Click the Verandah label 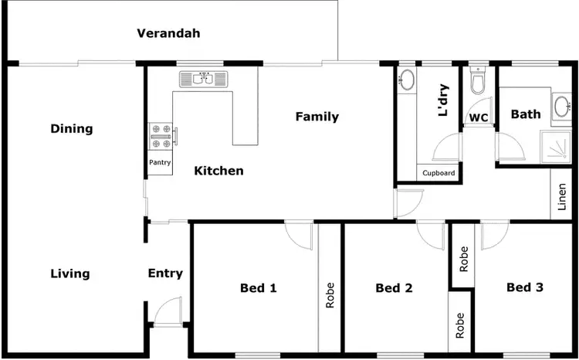pyautogui.click(x=168, y=33)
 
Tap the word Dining pyautogui.click(x=71, y=128)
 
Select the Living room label pyautogui.click(x=70, y=273)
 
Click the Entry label pyautogui.click(x=165, y=273)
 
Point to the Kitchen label pyautogui.click(x=218, y=171)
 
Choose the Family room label pyautogui.click(x=317, y=117)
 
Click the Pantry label pyautogui.click(x=160, y=163)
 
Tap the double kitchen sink pyautogui.click(x=205, y=78)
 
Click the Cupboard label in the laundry pyautogui.click(x=438, y=173)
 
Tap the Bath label pyautogui.click(x=526, y=114)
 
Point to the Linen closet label pyautogui.click(x=563, y=199)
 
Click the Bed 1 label pyautogui.click(x=258, y=288)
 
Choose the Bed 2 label pyautogui.click(x=394, y=288)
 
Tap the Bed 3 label pyautogui.click(x=525, y=287)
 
